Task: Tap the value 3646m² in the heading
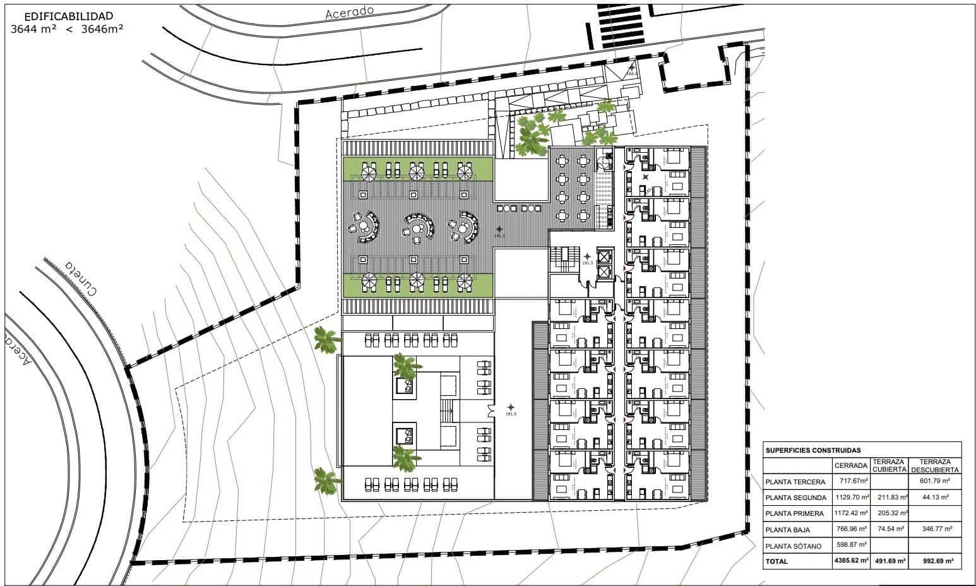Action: tap(102, 28)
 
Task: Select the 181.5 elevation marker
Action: tap(511, 414)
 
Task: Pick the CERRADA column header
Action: tap(851, 465)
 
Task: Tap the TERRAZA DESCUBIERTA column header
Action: tap(935, 465)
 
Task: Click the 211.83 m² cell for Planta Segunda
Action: tap(890, 498)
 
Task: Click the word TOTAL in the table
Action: tap(777, 561)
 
